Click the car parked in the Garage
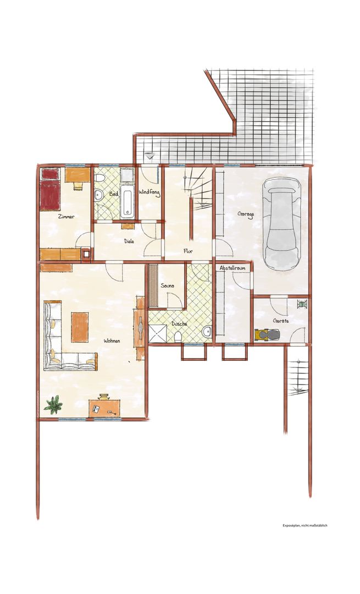coord(282,224)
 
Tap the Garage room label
coord(246,214)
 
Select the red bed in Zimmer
coord(50,189)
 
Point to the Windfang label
coord(149,193)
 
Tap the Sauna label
coord(167,285)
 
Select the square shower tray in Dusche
coord(158,333)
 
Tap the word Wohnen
coord(112,341)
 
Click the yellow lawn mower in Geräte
coord(267,335)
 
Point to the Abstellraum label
coord(232,268)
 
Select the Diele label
coord(129,240)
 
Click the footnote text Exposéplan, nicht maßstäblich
coord(304,525)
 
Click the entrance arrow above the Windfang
coord(150,155)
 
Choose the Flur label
coord(188,251)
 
